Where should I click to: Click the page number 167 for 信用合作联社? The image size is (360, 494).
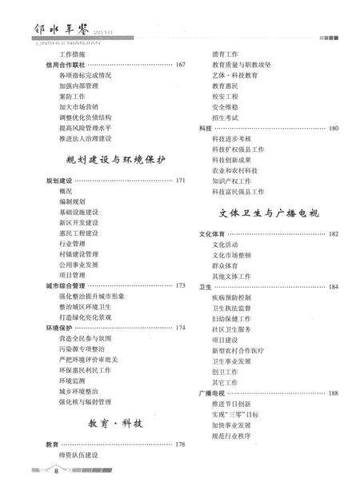(180, 64)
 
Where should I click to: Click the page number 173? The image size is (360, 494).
(180, 285)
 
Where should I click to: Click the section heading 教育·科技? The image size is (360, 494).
(115, 422)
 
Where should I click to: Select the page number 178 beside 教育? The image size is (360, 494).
(180, 444)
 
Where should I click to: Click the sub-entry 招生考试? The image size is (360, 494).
(226, 117)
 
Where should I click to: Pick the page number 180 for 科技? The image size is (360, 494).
(333, 128)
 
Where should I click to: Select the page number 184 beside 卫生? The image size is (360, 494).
(333, 286)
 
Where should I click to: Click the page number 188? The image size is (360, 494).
(333, 393)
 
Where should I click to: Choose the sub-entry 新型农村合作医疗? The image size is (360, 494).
(238, 350)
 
